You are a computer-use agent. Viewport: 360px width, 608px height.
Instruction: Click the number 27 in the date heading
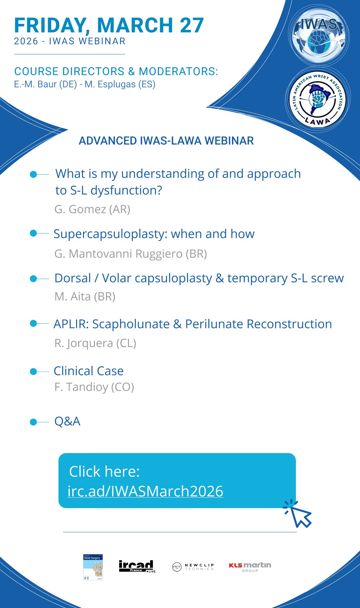[192, 25]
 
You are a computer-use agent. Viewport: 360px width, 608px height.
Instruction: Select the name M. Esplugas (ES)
[120, 85]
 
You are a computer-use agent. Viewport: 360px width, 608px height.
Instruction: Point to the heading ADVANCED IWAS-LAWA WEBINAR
[166, 141]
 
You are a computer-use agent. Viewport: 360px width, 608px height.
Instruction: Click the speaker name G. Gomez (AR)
[92, 209]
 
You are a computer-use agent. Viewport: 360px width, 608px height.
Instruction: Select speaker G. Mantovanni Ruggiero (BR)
[131, 254]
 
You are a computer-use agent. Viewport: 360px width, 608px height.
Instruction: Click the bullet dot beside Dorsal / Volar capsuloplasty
[33, 279]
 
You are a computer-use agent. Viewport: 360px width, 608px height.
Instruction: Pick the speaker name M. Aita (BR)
[85, 297]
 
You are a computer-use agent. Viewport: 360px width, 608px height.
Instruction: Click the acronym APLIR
[71, 324]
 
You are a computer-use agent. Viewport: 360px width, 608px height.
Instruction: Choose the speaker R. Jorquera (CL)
[95, 343]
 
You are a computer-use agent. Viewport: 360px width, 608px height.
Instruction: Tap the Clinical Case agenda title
[89, 371]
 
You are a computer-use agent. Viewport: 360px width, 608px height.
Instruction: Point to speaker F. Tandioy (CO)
[94, 387]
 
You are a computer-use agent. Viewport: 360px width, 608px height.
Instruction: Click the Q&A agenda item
[67, 421]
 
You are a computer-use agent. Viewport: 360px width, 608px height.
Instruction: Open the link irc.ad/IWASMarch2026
[146, 491]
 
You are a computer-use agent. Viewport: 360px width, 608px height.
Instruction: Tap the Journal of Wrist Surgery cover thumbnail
[93, 567]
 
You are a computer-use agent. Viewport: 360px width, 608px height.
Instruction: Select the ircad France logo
[137, 566]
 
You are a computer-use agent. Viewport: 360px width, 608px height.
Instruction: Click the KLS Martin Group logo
[250, 567]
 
